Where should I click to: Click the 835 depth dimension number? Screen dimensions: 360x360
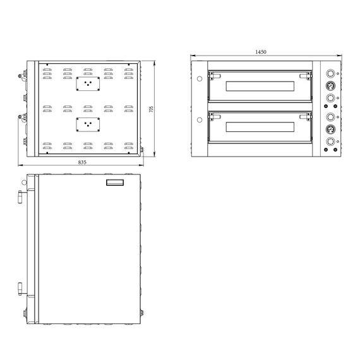coord(82,162)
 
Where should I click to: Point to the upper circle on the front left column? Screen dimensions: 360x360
coord(200,79)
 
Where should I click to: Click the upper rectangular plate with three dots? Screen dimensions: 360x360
coord(88,83)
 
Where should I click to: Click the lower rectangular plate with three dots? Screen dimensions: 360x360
coord(88,124)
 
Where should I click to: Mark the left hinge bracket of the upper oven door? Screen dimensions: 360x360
coord(212,75)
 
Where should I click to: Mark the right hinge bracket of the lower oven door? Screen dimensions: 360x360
coord(309,117)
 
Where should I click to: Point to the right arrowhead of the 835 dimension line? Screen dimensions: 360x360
coord(144,167)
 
